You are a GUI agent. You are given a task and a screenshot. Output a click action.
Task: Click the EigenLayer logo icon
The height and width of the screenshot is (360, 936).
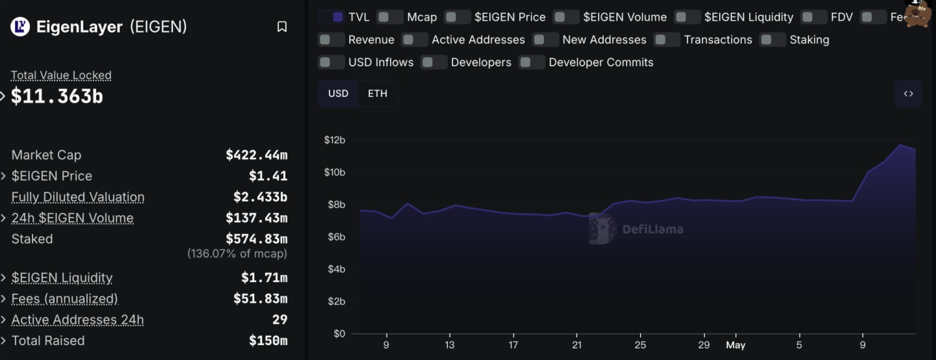tap(20, 27)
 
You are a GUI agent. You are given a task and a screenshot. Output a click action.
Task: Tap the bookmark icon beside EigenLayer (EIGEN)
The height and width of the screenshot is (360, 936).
tap(282, 27)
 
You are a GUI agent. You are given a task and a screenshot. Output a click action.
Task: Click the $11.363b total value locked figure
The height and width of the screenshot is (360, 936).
tap(57, 96)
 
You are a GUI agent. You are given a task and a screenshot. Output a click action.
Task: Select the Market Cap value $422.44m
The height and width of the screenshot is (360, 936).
tap(256, 155)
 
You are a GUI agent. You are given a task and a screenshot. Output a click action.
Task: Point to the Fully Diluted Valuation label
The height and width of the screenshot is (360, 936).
tap(78, 197)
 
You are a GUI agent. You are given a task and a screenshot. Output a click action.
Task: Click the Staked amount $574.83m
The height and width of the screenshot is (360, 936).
tap(256, 239)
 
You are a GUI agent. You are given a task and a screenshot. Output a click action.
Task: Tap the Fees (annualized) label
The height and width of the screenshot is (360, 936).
tap(64, 299)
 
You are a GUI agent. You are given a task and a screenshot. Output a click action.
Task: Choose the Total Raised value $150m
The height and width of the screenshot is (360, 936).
tap(268, 341)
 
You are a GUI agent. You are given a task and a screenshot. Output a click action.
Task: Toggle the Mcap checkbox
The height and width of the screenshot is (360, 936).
tap(390, 17)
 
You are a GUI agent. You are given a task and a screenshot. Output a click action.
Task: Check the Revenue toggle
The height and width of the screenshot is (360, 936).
tap(331, 40)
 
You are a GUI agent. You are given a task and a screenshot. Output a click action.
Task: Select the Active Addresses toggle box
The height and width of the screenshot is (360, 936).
tap(415, 40)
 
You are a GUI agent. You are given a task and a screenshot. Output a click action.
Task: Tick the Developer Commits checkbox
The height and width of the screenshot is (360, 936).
tap(532, 62)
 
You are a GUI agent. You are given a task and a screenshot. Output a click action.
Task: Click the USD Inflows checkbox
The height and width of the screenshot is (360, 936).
tap(331, 62)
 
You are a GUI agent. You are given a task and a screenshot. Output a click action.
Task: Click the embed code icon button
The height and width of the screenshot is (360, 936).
tap(908, 94)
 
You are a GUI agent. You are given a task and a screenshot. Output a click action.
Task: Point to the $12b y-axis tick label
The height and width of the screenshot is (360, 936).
tap(334, 140)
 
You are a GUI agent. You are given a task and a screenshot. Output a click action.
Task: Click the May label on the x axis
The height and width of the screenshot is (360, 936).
tap(735, 345)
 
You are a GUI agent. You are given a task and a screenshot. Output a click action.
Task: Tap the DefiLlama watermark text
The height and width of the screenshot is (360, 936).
tap(652, 229)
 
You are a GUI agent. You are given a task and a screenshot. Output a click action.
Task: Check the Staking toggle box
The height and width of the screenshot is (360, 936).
tap(773, 40)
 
